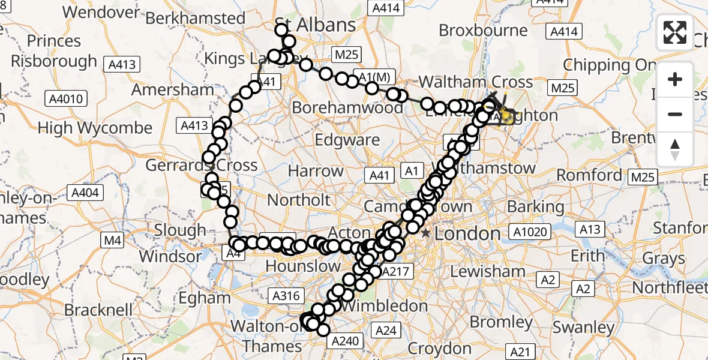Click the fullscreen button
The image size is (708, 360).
tap(675, 32)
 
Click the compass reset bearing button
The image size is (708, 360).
tap(675, 149)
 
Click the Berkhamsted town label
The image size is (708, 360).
tap(196, 18)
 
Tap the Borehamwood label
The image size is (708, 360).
tap(347, 108)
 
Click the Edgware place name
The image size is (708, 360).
tap(347, 140)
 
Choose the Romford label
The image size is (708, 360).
tap(589, 175)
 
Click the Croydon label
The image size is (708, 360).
tap(439, 348)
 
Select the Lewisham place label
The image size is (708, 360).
tap(488, 271)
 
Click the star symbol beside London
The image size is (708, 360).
tap(426, 233)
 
